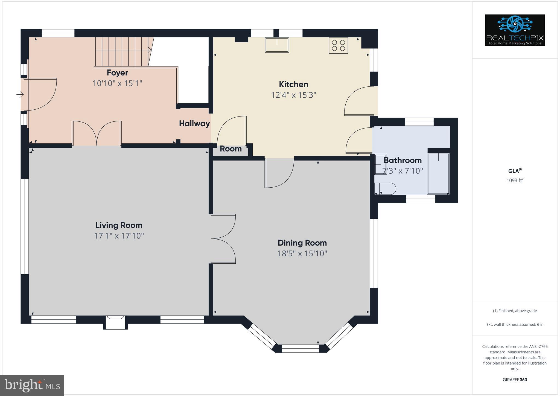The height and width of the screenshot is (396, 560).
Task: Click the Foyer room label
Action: click(x=117, y=73)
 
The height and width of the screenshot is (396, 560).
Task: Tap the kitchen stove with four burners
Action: click(x=338, y=45)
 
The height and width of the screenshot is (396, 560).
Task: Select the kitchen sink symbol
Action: click(x=277, y=45)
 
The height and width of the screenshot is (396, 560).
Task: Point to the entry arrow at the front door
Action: click(x=20, y=95)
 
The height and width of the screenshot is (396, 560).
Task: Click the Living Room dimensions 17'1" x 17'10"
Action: click(x=119, y=236)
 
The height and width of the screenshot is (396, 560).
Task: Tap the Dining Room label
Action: click(x=302, y=243)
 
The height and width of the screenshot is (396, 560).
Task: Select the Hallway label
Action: click(x=194, y=124)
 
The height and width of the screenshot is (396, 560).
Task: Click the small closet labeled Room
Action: click(x=231, y=149)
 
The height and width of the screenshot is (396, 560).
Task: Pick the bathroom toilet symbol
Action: click(x=385, y=189)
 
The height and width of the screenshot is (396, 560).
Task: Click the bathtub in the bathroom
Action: click(x=438, y=174)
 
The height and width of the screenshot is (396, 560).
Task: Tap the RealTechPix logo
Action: click(x=515, y=30)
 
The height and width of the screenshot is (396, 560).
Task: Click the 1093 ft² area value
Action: click(x=515, y=180)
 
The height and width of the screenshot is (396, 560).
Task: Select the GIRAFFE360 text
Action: click(x=515, y=380)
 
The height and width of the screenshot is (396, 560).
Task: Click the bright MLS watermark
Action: click(x=32, y=385)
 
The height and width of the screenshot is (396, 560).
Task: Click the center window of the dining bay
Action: click(x=300, y=348)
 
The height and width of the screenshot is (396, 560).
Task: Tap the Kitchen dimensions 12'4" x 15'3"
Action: click(x=293, y=95)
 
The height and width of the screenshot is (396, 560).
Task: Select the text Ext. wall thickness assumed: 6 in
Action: click(x=515, y=325)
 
